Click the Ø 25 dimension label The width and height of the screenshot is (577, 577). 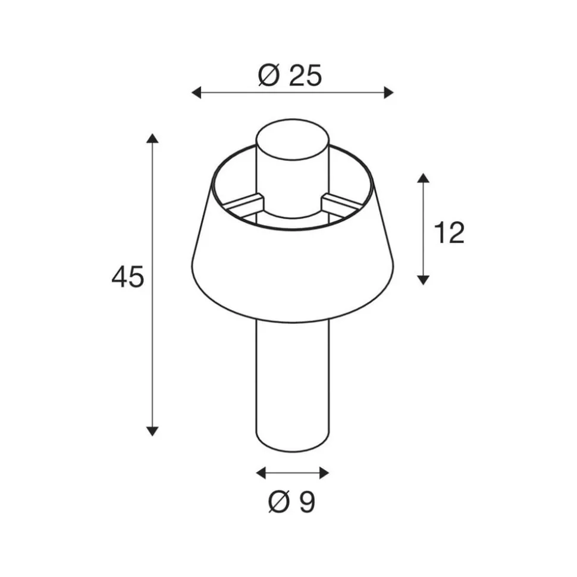[x=290, y=75]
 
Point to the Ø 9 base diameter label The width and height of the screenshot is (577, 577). [x=291, y=502]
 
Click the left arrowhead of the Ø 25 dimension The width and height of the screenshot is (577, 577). [x=196, y=92]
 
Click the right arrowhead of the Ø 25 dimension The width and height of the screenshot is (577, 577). [x=388, y=92]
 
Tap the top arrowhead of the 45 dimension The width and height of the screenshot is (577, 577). [x=152, y=138]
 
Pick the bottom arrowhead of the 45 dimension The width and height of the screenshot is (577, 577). [x=152, y=431]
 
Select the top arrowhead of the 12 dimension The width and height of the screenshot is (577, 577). [x=424, y=178]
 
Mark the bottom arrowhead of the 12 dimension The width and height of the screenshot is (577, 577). [x=424, y=280]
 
